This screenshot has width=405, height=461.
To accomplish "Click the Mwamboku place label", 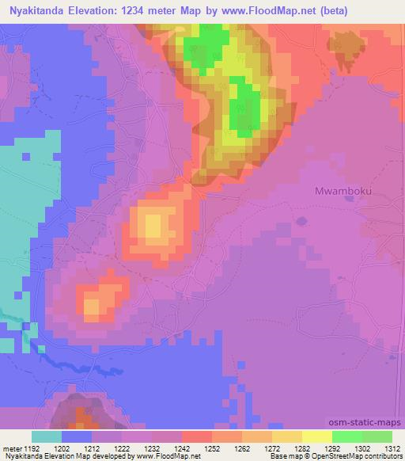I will click(343, 192).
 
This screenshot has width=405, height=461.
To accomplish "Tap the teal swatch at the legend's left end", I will click(47, 436).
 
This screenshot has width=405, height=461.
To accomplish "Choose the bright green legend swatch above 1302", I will click(347, 436).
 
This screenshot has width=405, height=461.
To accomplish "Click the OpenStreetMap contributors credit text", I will click(356, 456).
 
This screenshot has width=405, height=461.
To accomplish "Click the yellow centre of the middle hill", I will click(153, 224).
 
